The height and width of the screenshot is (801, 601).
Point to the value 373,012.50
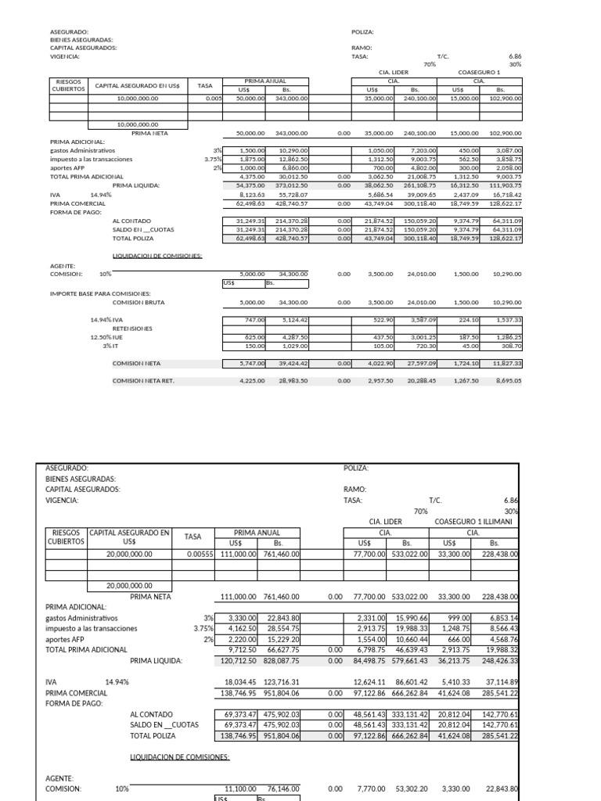click(293, 185)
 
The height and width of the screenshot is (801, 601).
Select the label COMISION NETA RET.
click(143, 381)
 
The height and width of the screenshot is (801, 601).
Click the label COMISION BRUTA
click(138, 302)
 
